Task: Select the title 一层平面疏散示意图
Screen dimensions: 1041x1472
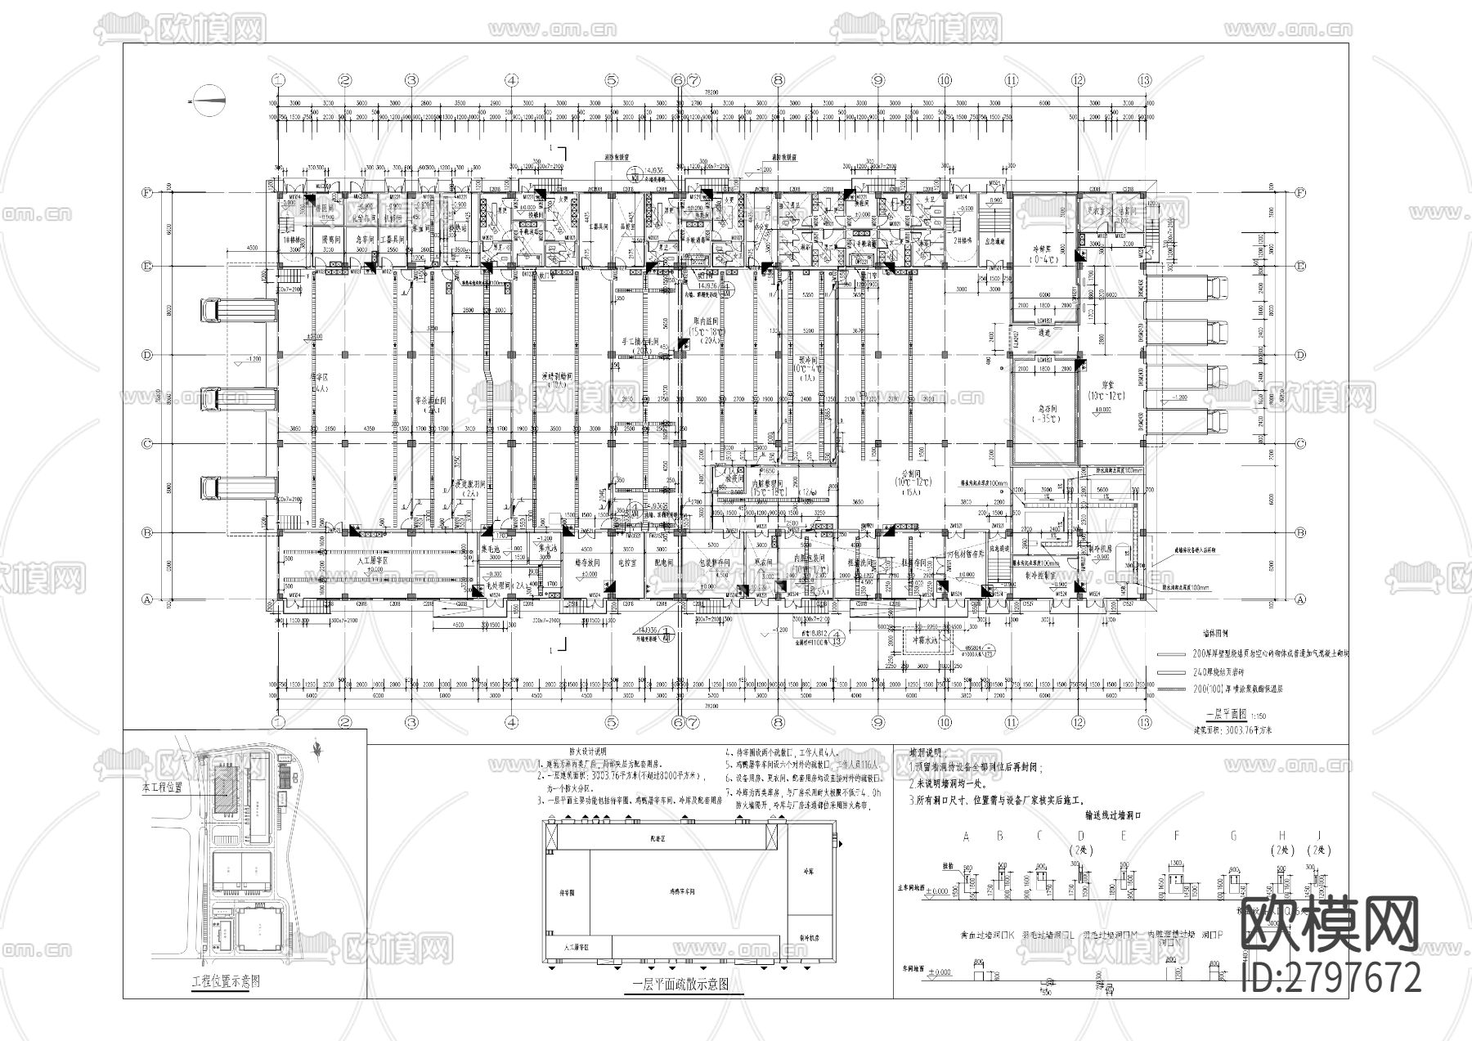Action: [675, 985]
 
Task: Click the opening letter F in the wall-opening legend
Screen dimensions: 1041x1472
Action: [1176, 836]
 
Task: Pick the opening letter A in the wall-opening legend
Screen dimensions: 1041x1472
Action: [967, 836]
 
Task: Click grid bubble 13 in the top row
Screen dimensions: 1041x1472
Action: [1144, 80]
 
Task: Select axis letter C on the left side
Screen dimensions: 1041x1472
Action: [148, 443]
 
